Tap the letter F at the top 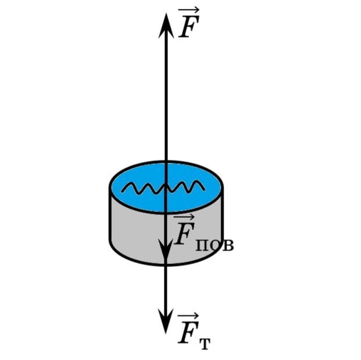pyautogui.click(x=188, y=29)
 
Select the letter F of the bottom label pyautogui.click(x=188, y=334)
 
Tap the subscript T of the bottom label pyautogui.click(x=205, y=343)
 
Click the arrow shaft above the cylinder pyautogui.click(x=166, y=98)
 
